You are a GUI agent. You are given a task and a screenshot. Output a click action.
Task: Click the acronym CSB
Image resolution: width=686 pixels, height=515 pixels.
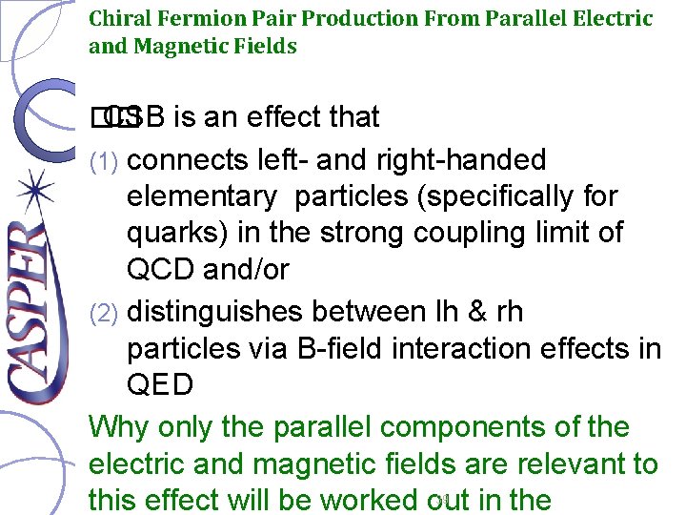tap(132, 117)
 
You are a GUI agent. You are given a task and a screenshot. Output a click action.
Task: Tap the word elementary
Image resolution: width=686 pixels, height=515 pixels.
tap(201, 196)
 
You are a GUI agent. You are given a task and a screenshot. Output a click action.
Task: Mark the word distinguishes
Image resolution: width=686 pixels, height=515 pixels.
tap(223, 311)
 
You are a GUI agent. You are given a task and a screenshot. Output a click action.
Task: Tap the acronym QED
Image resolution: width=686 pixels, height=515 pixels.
tap(160, 385)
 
